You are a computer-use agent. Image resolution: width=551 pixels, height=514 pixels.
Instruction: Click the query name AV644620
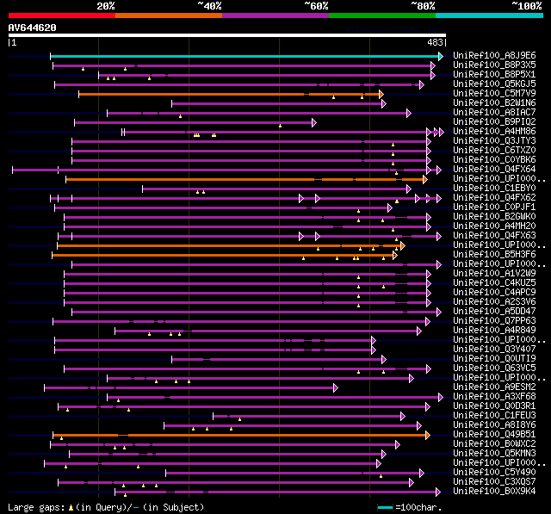33,28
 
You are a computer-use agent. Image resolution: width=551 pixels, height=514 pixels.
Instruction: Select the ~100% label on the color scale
526,5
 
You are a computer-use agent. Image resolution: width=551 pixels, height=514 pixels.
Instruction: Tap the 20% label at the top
106,5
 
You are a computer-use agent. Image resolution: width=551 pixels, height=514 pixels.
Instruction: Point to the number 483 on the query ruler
435,42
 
